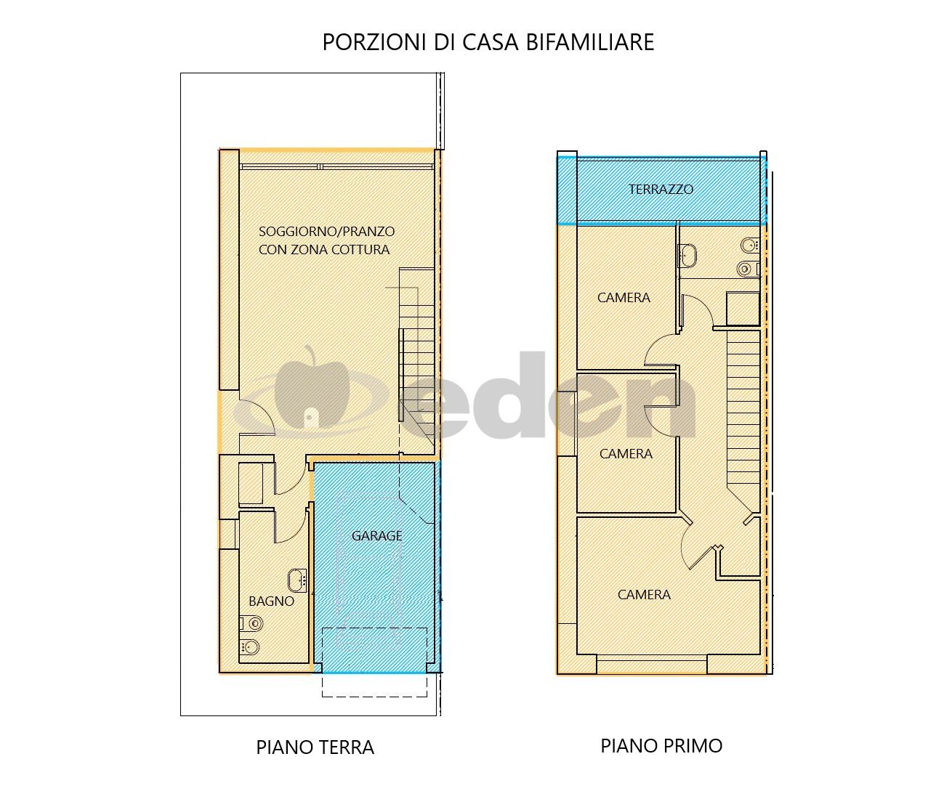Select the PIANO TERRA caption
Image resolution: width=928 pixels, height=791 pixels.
click(315, 747)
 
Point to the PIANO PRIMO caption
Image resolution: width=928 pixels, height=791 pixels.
click(661, 746)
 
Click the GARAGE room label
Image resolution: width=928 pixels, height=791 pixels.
click(376, 536)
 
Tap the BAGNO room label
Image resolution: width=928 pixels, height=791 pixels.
click(271, 601)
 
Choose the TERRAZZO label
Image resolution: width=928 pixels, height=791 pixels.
click(661, 190)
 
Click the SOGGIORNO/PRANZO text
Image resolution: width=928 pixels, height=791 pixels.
click(326, 232)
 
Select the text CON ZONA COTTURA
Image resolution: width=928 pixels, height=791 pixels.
click(324, 250)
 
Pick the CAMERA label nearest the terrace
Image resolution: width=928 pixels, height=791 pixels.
click(624, 298)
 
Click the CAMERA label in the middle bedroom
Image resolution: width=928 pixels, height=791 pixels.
click(626, 454)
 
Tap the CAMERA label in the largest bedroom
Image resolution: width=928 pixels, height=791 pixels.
click(644, 595)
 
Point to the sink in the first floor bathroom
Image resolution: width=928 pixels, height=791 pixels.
click(687, 253)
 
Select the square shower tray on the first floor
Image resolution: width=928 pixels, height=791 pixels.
click(743, 309)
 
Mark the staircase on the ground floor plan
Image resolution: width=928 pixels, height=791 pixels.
click(418, 356)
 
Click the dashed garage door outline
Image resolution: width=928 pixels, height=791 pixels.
click(374, 662)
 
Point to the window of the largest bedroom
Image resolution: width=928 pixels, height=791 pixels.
click(651, 664)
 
